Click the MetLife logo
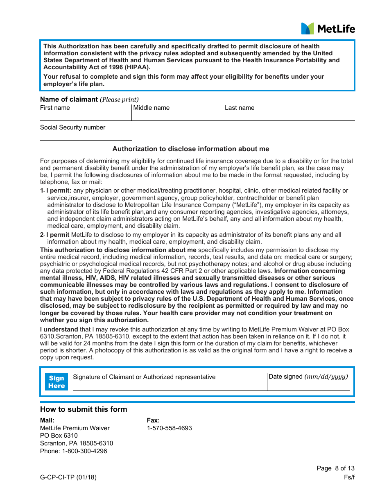328,29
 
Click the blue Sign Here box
57,382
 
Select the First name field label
55,108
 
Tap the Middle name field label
151,108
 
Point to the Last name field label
240,108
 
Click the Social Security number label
72,127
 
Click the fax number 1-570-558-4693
170,428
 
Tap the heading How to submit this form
84,409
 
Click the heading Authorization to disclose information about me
191,149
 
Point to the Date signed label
308,377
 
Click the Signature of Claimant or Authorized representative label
144,377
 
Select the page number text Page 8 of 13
335,468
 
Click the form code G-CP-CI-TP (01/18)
68,477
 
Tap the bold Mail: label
47,420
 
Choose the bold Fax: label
153,420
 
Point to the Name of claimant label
69,99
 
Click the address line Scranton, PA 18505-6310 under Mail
77,443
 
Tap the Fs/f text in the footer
349,477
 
